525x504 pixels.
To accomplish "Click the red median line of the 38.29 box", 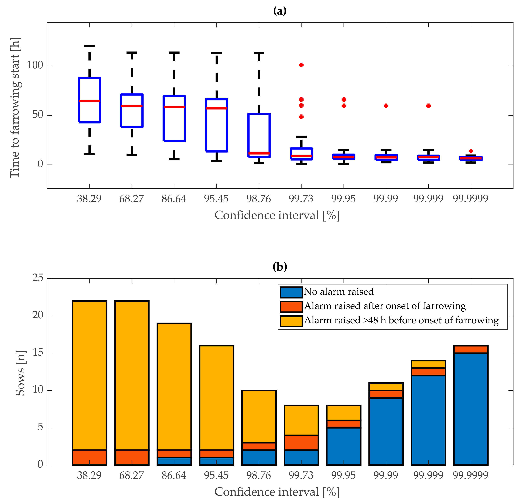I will point(89,101).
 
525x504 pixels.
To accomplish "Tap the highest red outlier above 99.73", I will point(301,65).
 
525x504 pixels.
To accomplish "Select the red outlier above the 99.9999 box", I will point(471,151).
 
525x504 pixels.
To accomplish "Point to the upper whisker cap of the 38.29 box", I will point(89,46).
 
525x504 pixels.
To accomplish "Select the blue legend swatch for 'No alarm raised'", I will point(291,292).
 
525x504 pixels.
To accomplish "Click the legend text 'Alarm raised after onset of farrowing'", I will point(385,306).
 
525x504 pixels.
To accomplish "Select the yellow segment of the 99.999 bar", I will point(428,364).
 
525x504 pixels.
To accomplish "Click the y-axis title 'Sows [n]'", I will point(20,373).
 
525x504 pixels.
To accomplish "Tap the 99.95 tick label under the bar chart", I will point(343,475).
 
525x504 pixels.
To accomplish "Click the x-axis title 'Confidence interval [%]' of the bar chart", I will point(277,492).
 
